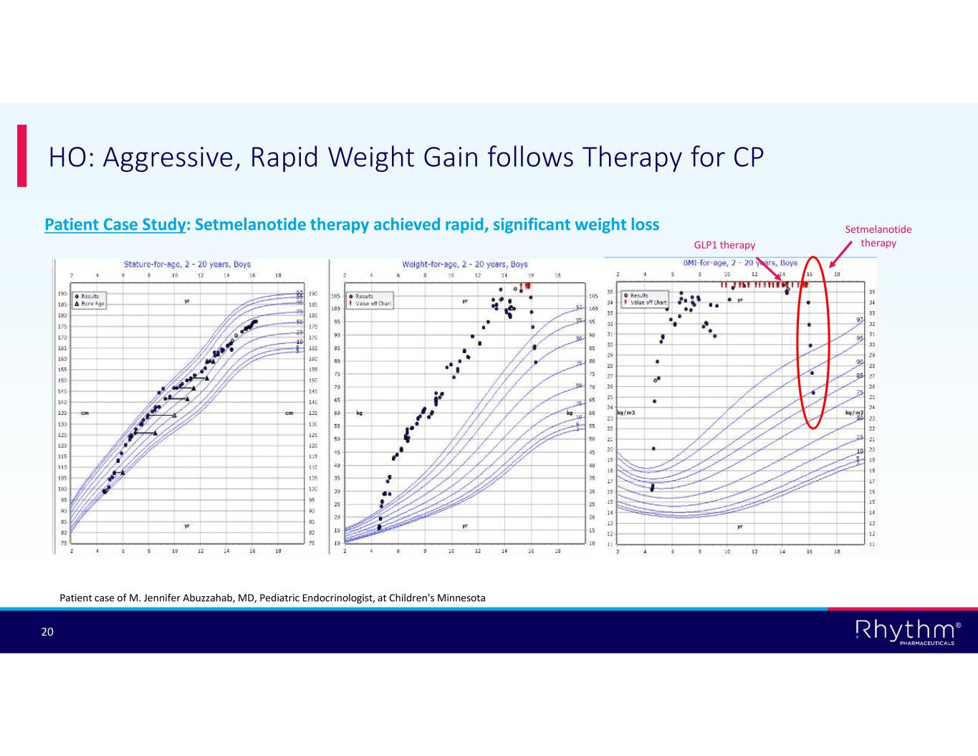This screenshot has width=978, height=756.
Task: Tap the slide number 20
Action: (47, 632)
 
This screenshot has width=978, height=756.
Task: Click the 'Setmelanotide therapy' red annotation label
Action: (878, 236)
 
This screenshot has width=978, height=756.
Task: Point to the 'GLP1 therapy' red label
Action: (724, 245)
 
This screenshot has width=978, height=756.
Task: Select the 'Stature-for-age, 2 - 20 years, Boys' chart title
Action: (187, 264)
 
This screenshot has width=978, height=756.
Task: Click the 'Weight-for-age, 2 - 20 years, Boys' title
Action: (464, 264)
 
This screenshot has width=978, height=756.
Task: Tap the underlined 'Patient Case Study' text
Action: (114, 225)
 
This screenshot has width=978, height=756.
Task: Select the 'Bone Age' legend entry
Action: (93, 304)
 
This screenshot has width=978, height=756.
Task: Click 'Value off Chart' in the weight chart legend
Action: (373, 303)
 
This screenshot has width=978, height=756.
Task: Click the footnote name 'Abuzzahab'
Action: (201, 598)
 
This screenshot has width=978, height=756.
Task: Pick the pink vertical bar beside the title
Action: (21, 155)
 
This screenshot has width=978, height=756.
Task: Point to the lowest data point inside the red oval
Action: (812, 393)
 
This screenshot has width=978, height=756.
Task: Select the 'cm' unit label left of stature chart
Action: (84, 413)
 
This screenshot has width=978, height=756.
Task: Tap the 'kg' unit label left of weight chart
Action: (358, 413)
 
